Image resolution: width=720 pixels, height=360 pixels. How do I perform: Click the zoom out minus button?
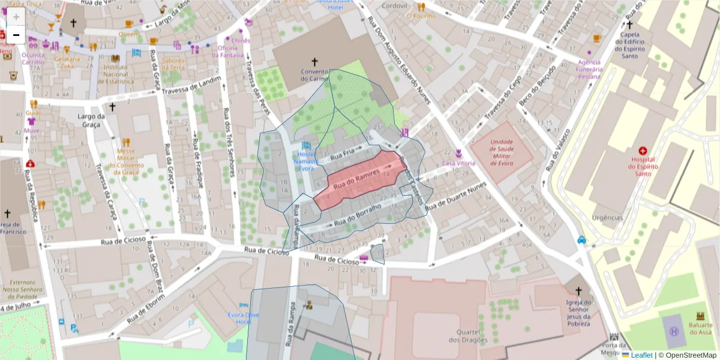coord(16,35)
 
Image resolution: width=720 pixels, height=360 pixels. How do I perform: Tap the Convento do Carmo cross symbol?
coord(314,61)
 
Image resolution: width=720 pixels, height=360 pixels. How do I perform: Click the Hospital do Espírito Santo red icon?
coord(643,151)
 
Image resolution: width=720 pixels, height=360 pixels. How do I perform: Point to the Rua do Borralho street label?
coord(358,215)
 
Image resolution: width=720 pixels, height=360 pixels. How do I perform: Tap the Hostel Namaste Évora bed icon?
coord(306,146)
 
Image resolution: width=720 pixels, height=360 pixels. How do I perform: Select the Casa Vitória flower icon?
coord(458,153)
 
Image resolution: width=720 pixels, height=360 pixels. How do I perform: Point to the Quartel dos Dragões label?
coord(470,337)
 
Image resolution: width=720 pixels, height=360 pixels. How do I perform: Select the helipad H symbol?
coord(674,331)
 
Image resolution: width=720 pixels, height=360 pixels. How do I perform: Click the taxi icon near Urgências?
coord(581,240)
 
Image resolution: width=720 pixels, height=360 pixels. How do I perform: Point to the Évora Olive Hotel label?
coord(244,318)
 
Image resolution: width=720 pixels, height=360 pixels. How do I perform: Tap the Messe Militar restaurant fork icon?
coord(126,143)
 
